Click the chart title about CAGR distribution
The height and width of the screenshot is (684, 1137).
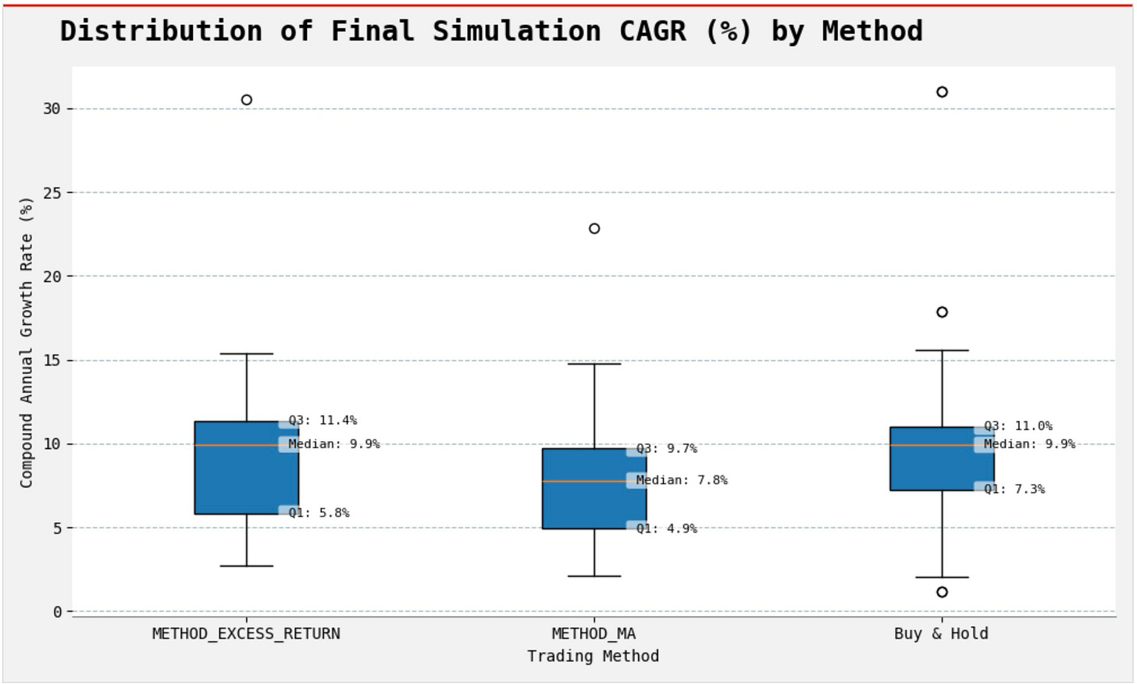tap(491, 31)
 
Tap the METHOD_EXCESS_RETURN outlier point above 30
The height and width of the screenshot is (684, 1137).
tap(247, 100)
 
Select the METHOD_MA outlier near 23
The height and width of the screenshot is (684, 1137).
tap(594, 229)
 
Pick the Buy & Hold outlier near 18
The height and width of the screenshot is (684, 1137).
tap(942, 312)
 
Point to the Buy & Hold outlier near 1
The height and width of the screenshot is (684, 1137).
tap(942, 592)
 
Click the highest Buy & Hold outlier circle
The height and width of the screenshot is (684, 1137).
tap(942, 92)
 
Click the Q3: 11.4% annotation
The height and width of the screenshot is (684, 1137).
tap(323, 420)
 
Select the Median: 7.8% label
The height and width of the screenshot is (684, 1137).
tap(681, 480)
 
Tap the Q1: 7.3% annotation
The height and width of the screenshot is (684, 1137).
tap(1014, 489)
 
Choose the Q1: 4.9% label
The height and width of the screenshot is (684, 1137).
tap(666, 529)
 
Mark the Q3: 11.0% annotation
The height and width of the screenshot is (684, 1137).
tap(1018, 426)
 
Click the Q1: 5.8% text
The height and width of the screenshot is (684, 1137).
tap(319, 513)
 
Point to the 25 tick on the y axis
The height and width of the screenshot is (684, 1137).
tap(52, 192)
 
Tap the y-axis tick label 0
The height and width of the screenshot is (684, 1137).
tap(57, 612)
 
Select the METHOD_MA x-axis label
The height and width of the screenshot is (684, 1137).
tap(593, 634)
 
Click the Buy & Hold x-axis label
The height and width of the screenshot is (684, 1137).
tap(941, 634)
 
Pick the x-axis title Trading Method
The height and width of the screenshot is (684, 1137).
tap(593, 656)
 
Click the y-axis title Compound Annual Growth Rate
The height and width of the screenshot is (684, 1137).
tap(27, 342)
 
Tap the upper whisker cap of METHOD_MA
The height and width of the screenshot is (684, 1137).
tap(594, 364)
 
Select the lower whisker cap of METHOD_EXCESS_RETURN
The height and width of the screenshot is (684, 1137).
tap(247, 565)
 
